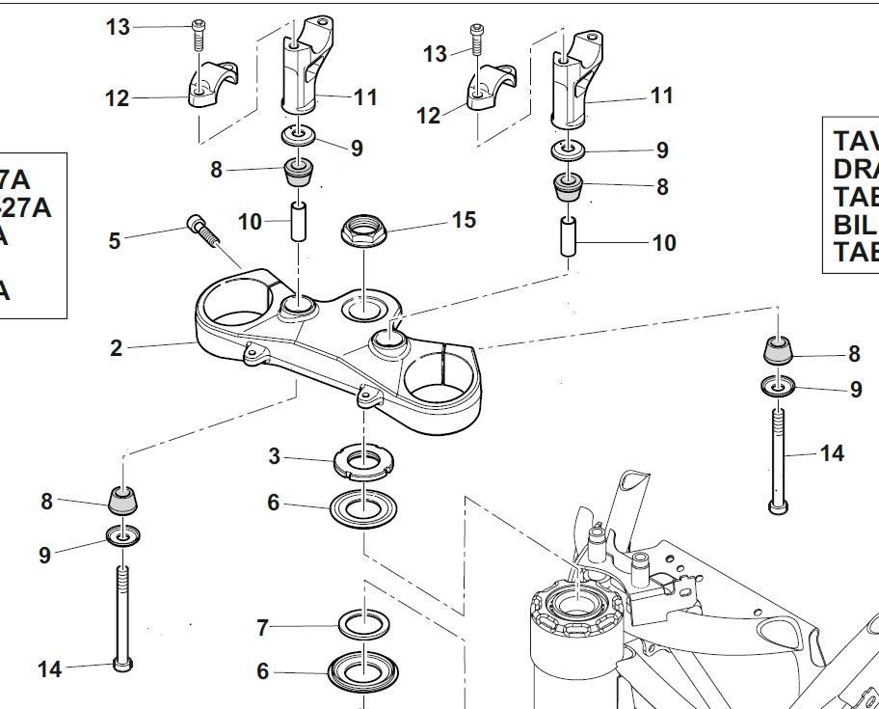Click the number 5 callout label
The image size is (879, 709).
115,240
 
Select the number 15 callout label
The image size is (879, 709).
464,220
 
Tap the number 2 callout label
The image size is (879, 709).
117,348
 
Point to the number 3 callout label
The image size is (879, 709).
275,456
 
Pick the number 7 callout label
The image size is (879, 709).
263,628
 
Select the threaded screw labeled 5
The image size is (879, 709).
200,232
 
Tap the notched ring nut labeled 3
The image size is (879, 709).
363,460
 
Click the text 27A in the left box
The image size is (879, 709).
24,207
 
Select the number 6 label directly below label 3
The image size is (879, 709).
274,502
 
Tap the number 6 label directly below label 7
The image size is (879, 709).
263,671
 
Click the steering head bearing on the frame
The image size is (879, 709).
574,607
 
